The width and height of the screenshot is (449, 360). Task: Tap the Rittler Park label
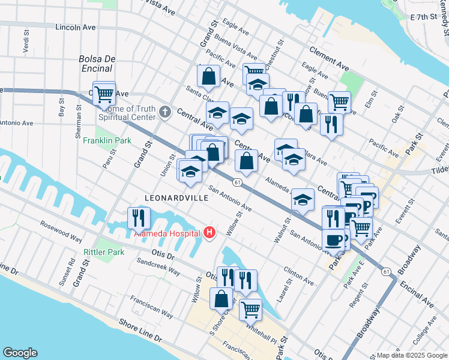(x=104, y=252)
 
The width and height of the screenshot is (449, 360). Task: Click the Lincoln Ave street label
(x=76, y=28)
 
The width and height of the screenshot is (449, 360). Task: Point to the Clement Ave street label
(x=329, y=58)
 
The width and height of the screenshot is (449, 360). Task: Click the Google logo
(x=20, y=353)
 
